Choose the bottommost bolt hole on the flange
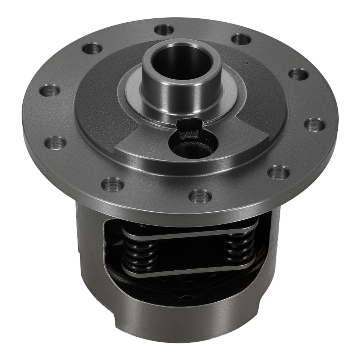(x=200, y=196)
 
